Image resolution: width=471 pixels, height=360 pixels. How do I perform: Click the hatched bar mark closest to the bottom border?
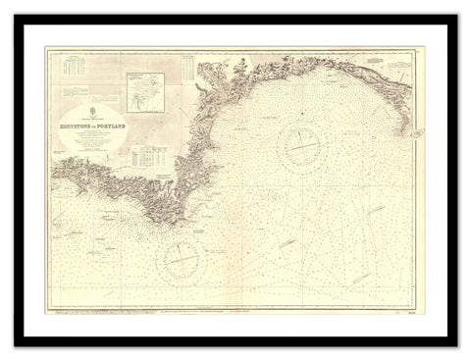coord(286,240)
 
